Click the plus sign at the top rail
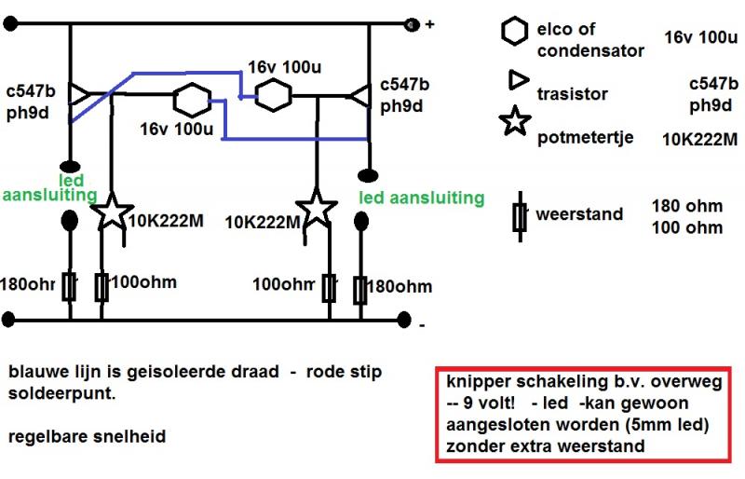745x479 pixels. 429,25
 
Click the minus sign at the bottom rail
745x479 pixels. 422,325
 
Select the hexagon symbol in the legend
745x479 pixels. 514,34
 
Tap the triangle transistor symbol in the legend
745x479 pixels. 515,82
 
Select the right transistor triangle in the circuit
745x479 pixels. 362,94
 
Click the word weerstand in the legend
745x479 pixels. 578,214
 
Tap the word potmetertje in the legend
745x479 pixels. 586,138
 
